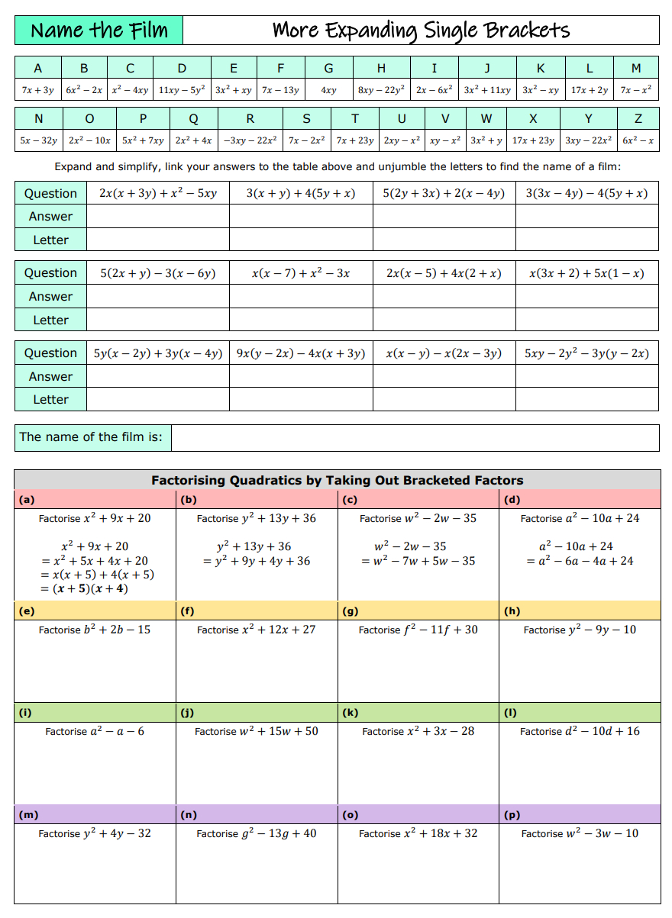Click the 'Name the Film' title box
coord(99,31)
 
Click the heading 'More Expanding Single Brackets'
coord(421,31)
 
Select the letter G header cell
coord(328,68)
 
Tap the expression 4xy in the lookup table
coord(328,90)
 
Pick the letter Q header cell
coord(193,118)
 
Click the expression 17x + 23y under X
coord(533,140)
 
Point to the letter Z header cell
coord(638,118)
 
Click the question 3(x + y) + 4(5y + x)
coord(301,193)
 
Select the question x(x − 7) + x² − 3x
coord(301,273)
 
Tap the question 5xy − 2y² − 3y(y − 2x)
coord(586,353)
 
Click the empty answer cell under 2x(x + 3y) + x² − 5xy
coord(158,216)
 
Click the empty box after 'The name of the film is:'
coord(415,437)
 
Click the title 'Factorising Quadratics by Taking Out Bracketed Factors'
coord(337,480)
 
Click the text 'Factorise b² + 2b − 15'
coord(95,630)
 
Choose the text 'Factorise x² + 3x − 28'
coord(418,731)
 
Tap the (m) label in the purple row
coord(28,814)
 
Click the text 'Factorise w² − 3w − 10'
coord(580,833)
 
